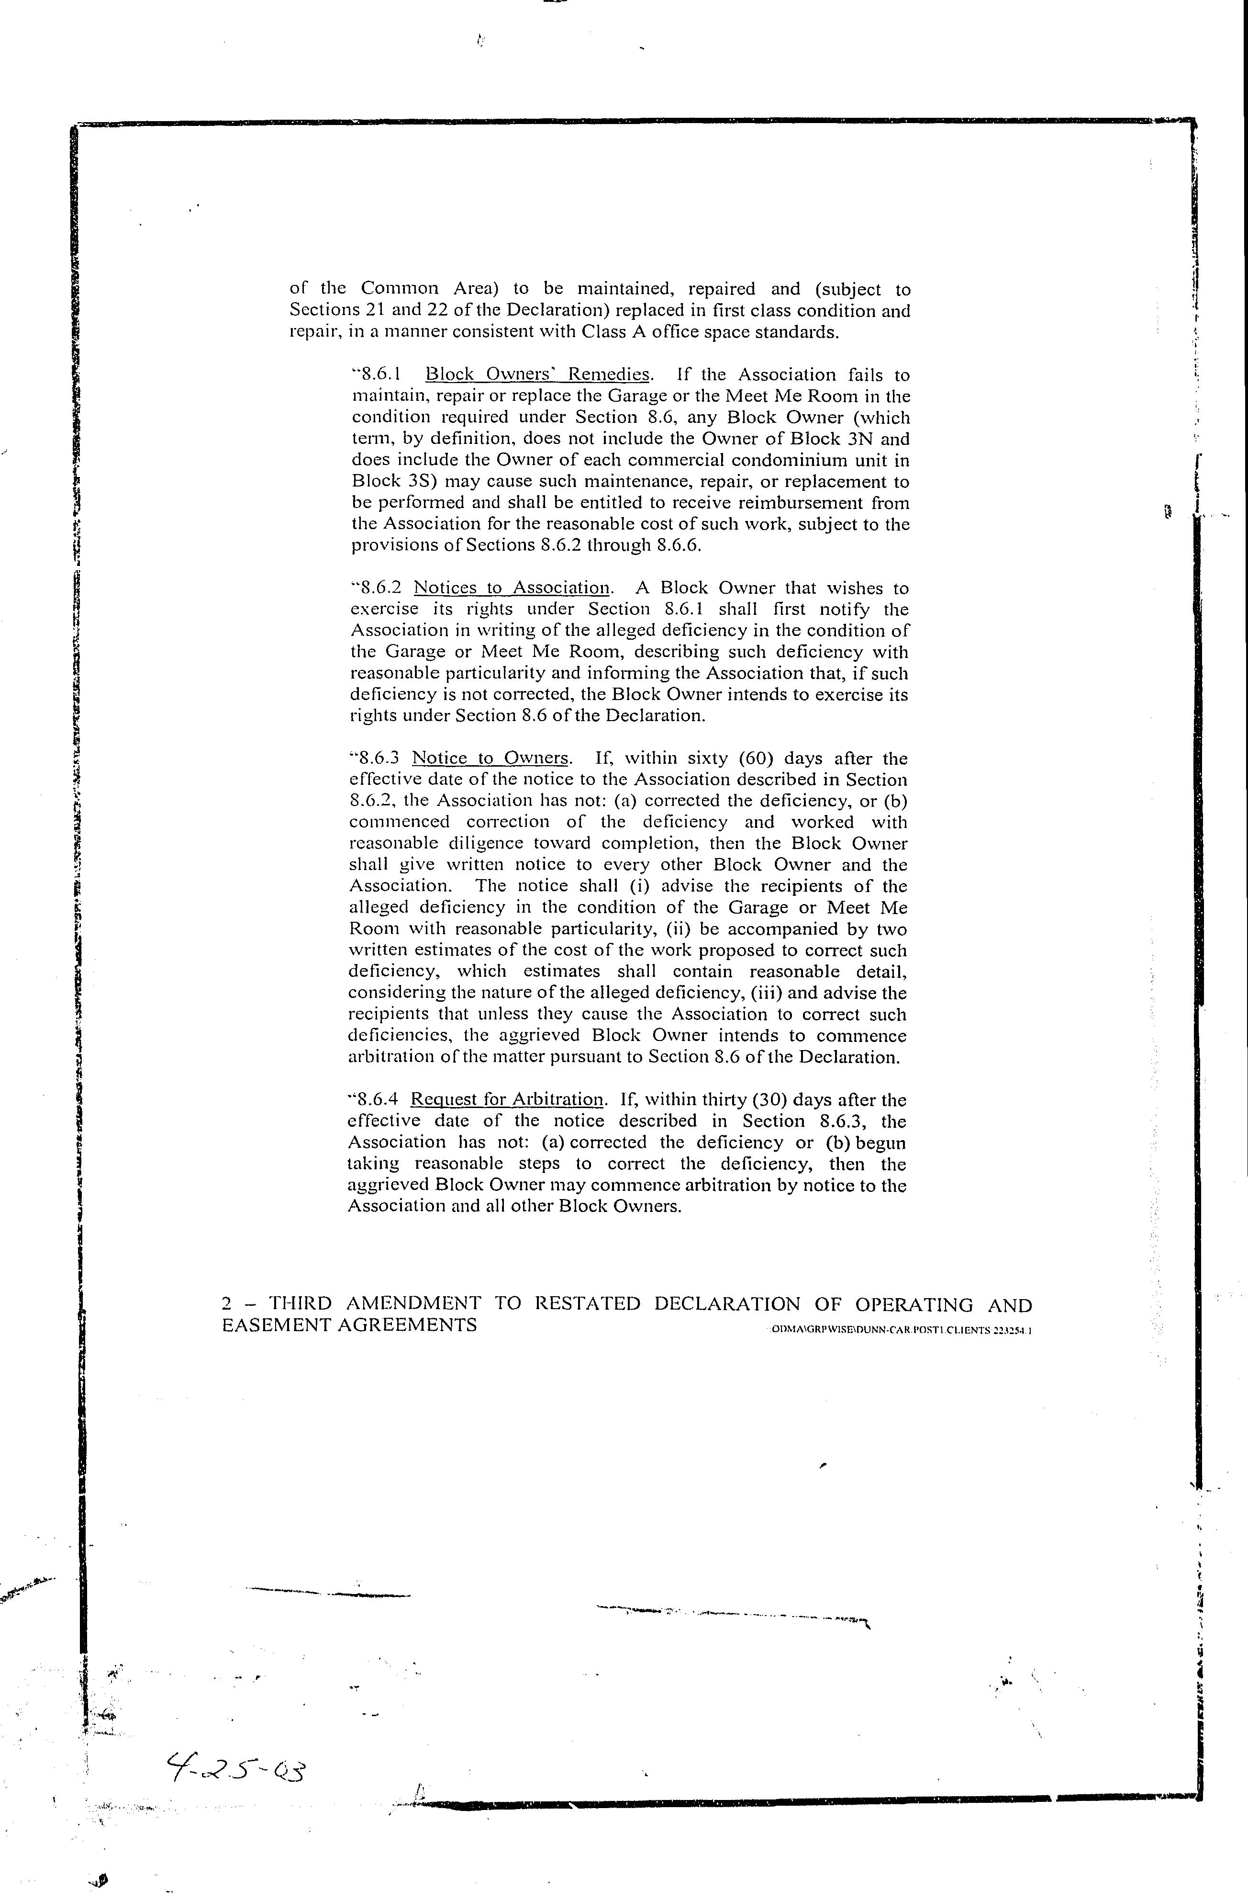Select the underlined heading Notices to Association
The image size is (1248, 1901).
512,588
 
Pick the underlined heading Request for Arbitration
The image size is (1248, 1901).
507,1100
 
